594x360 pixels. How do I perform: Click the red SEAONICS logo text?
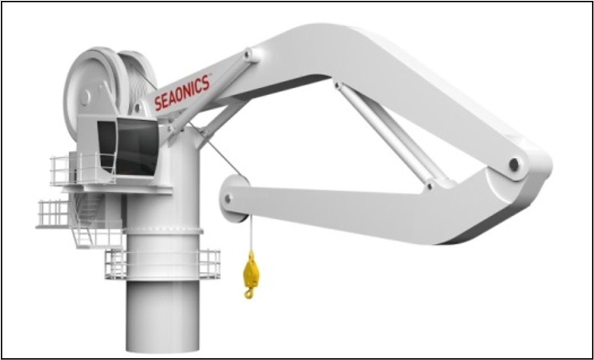182,93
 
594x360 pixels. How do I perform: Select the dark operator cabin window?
136,145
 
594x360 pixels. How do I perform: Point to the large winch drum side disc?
90,90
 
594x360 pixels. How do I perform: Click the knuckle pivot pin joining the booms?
514,164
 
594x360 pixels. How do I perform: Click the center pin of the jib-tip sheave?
228,198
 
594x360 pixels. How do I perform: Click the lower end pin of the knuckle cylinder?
430,186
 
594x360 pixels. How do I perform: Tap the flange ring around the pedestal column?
163,231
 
